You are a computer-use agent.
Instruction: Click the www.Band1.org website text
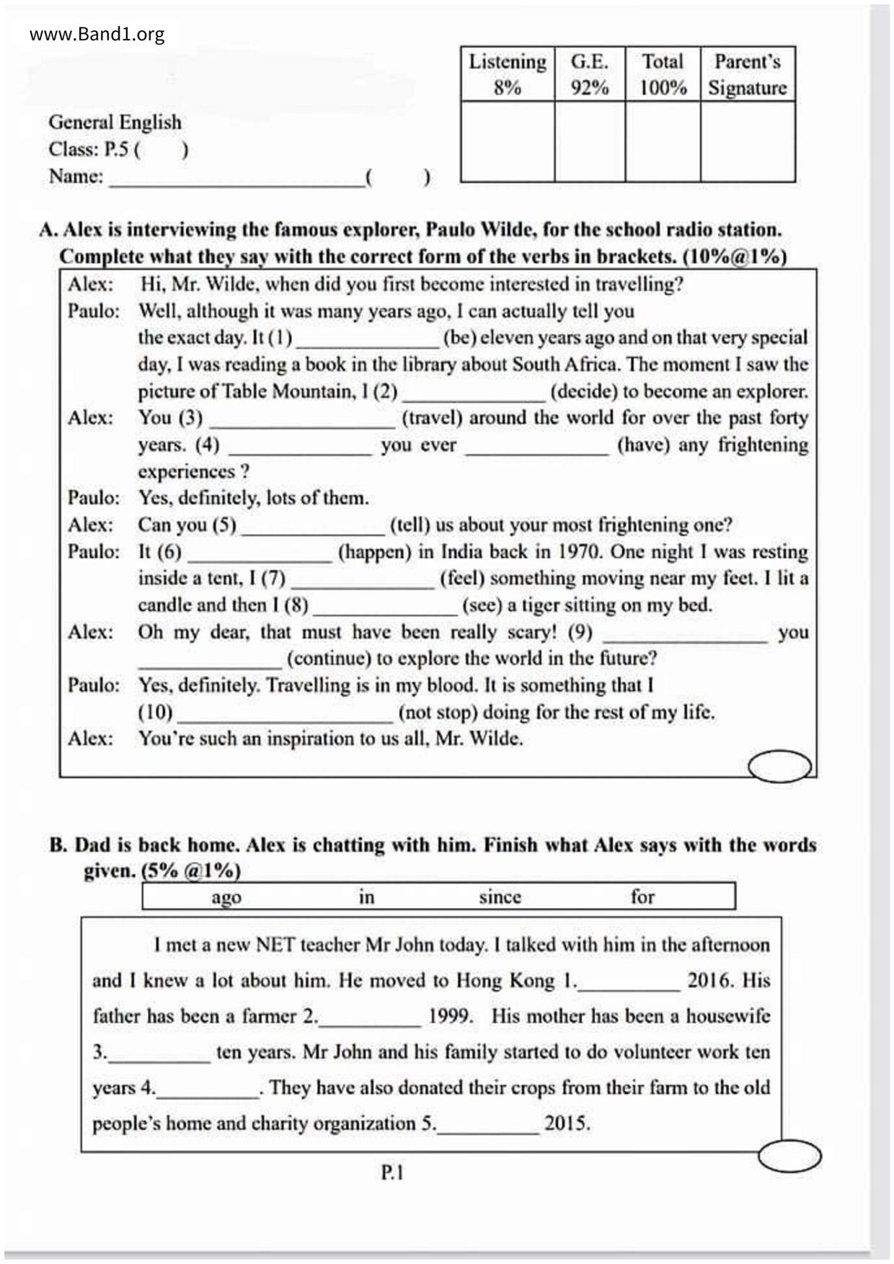97,34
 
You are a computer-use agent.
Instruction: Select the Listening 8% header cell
508,74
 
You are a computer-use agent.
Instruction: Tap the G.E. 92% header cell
590,74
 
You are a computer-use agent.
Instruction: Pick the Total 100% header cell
663,74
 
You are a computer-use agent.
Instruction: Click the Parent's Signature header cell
748,74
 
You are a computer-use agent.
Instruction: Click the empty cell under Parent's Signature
748,141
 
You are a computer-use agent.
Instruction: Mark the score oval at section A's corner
779,766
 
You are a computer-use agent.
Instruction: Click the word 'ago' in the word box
226,897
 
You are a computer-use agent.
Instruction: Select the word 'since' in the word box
500,897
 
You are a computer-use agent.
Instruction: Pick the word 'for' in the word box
642,897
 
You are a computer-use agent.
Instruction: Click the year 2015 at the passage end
567,1123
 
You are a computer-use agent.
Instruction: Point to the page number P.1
392,1173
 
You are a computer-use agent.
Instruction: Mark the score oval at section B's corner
789,1156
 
